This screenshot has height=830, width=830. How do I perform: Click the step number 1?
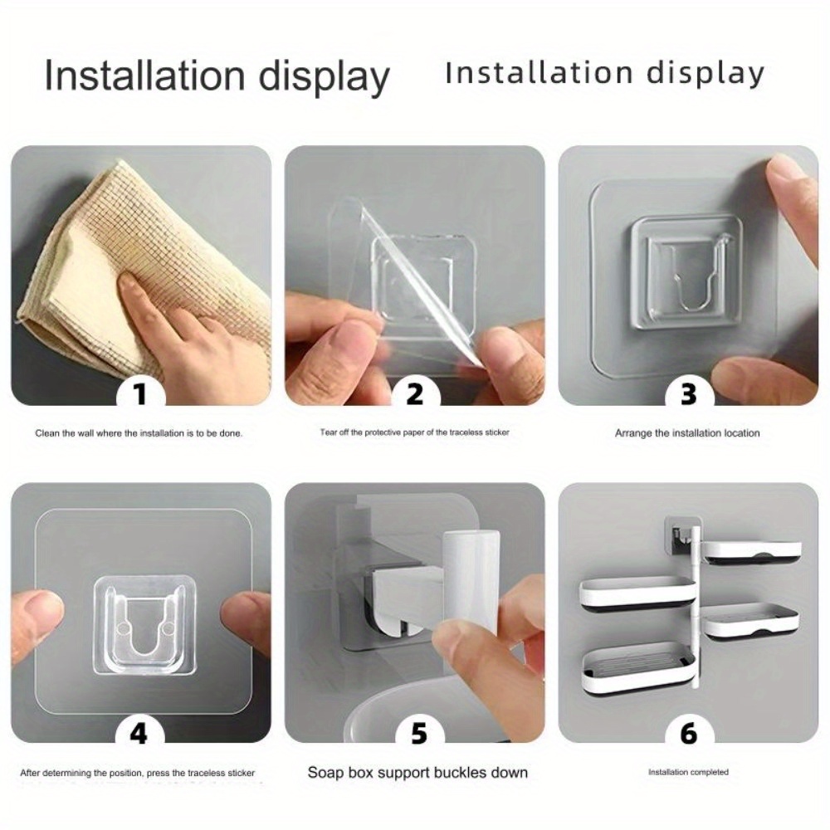pos(139,393)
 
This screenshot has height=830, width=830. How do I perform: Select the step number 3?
pos(688,393)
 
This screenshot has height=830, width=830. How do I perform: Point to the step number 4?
pos(139,733)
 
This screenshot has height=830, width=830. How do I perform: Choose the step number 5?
pos(418,733)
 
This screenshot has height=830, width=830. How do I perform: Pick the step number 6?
pos(689,733)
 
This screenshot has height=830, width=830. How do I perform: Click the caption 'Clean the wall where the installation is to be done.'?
pos(139,433)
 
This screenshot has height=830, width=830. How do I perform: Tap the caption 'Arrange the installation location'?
pos(687,433)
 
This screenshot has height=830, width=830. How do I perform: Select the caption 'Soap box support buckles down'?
pos(417,772)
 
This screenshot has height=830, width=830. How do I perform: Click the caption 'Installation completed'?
pos(688,772)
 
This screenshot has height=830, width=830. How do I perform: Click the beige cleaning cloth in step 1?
pos(132,270)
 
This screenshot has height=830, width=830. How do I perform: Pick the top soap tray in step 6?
pos(754,553)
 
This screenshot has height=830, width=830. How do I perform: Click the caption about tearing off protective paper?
pos(414,432)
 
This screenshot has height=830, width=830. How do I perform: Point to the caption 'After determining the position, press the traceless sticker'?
pos(138,773)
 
